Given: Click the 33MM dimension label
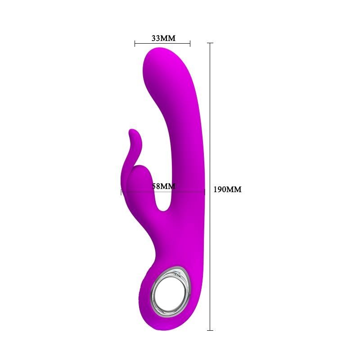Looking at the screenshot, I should pos(163,38).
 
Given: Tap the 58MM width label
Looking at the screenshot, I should pos(163,186).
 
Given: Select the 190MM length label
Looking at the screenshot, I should pos(227,189).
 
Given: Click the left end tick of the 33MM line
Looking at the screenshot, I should pos(135,44).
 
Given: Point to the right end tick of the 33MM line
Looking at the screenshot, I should pos(190,44).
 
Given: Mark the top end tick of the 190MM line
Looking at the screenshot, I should pos(210,43).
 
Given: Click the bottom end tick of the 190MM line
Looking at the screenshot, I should pos(210,330).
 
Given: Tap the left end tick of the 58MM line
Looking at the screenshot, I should pos(121,192).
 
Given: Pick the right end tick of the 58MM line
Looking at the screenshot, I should pos(205,192).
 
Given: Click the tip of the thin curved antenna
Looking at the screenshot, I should pos(131,132).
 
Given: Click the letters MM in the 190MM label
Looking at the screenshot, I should pos(234,189).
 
